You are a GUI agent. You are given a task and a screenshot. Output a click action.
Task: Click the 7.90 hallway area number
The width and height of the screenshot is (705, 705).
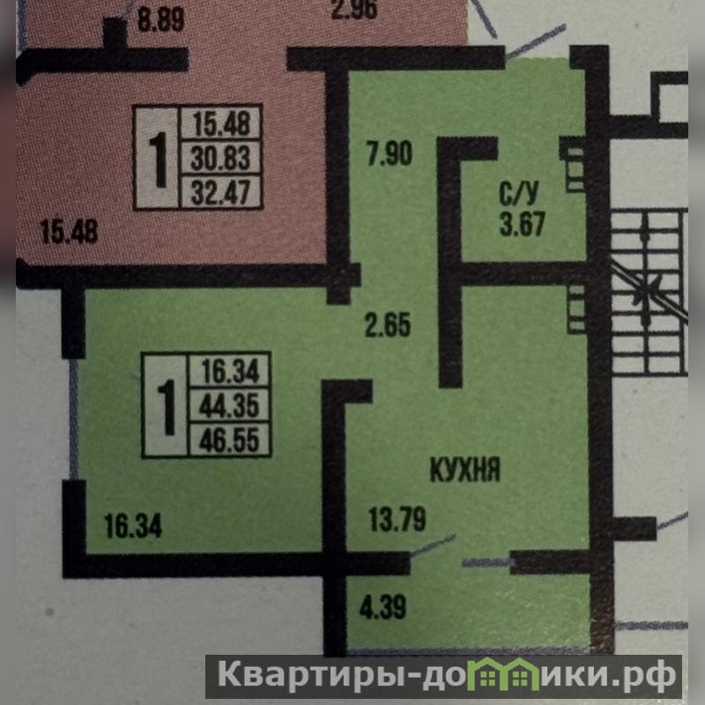(389, 155)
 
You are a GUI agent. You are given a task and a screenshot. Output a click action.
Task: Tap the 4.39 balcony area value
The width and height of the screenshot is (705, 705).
(382, 607)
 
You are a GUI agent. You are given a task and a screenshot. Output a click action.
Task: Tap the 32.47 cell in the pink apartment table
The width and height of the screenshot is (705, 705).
(220, 191)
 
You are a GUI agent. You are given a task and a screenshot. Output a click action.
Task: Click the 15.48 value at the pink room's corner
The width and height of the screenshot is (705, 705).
(69, 233)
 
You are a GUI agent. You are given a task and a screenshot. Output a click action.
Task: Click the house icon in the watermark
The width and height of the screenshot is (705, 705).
(499, 677)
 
